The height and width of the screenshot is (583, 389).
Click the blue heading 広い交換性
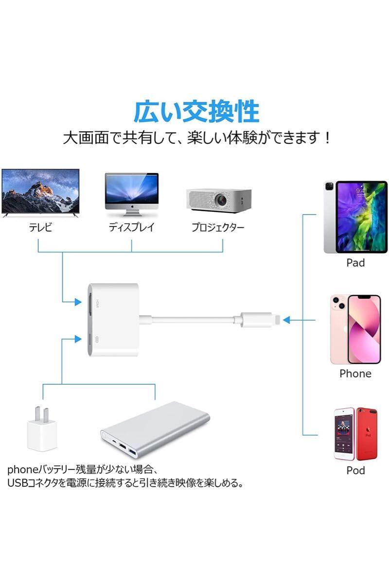pos(197,112)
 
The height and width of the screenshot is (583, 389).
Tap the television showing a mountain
pos(40,193)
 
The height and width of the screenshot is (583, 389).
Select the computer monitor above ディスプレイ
pos(132,194)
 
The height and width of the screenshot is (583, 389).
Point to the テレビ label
pos(40,227)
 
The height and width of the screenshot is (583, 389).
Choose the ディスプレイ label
pos(132,227)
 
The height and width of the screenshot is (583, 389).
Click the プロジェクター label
pos(218,227)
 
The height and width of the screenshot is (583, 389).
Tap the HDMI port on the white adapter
pos(90,304)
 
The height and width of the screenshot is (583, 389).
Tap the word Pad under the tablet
pos(355,263)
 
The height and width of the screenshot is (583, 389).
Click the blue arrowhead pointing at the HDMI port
pos(78,302)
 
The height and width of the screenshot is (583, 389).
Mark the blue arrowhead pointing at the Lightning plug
pos(286,320)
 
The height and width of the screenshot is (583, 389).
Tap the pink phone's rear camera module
pos(339,303)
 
